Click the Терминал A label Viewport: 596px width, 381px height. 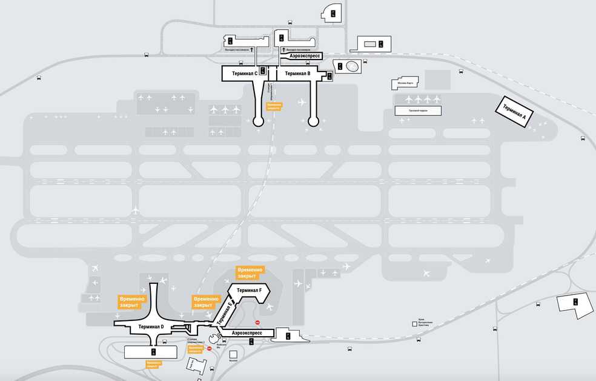coord(511,111)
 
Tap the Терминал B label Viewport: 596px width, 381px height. coord(297,73)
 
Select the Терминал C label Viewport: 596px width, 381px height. coord(240,73)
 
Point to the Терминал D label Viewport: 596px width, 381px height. coord(151,327)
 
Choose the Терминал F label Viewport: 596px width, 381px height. coord(249,291)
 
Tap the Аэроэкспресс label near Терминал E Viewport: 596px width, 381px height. coord(247,333)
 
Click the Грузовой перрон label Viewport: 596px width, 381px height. coord(418,111)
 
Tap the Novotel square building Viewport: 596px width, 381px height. coord(233,354)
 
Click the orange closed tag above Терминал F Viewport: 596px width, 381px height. coord(250,272)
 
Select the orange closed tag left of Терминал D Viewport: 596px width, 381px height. coord(133,302)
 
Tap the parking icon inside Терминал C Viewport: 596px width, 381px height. coord(262,70)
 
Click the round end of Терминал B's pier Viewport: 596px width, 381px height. coord(313,121)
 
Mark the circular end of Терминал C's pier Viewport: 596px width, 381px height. coord(258,121)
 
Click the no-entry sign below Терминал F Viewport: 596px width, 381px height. coord(257,322)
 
